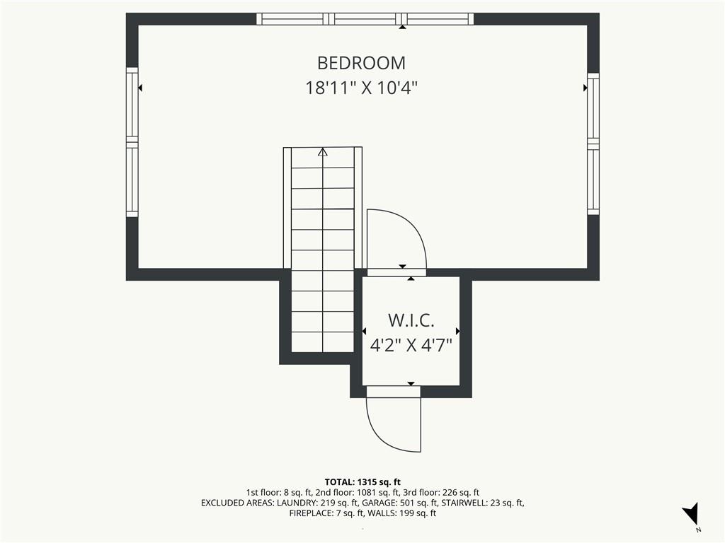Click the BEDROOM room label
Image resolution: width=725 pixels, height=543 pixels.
pos(361,63)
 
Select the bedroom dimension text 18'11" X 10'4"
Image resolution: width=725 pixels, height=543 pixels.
pos(361,88)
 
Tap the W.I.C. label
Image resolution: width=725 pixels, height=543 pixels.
pos(411,320)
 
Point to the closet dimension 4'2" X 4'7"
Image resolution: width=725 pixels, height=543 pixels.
pos(411,344)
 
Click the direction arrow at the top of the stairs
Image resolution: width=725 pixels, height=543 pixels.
pos(323,152)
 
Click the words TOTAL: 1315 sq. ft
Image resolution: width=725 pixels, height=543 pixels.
pos(362,482)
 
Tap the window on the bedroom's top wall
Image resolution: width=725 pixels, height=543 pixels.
pos(365,19)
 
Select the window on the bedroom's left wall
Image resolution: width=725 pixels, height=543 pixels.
pos(132,142)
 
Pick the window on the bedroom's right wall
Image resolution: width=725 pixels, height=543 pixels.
pos(593,144)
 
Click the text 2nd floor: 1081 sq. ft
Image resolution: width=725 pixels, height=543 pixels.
pos(358,493)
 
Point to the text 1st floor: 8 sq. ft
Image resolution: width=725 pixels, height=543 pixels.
pos(279,493)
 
